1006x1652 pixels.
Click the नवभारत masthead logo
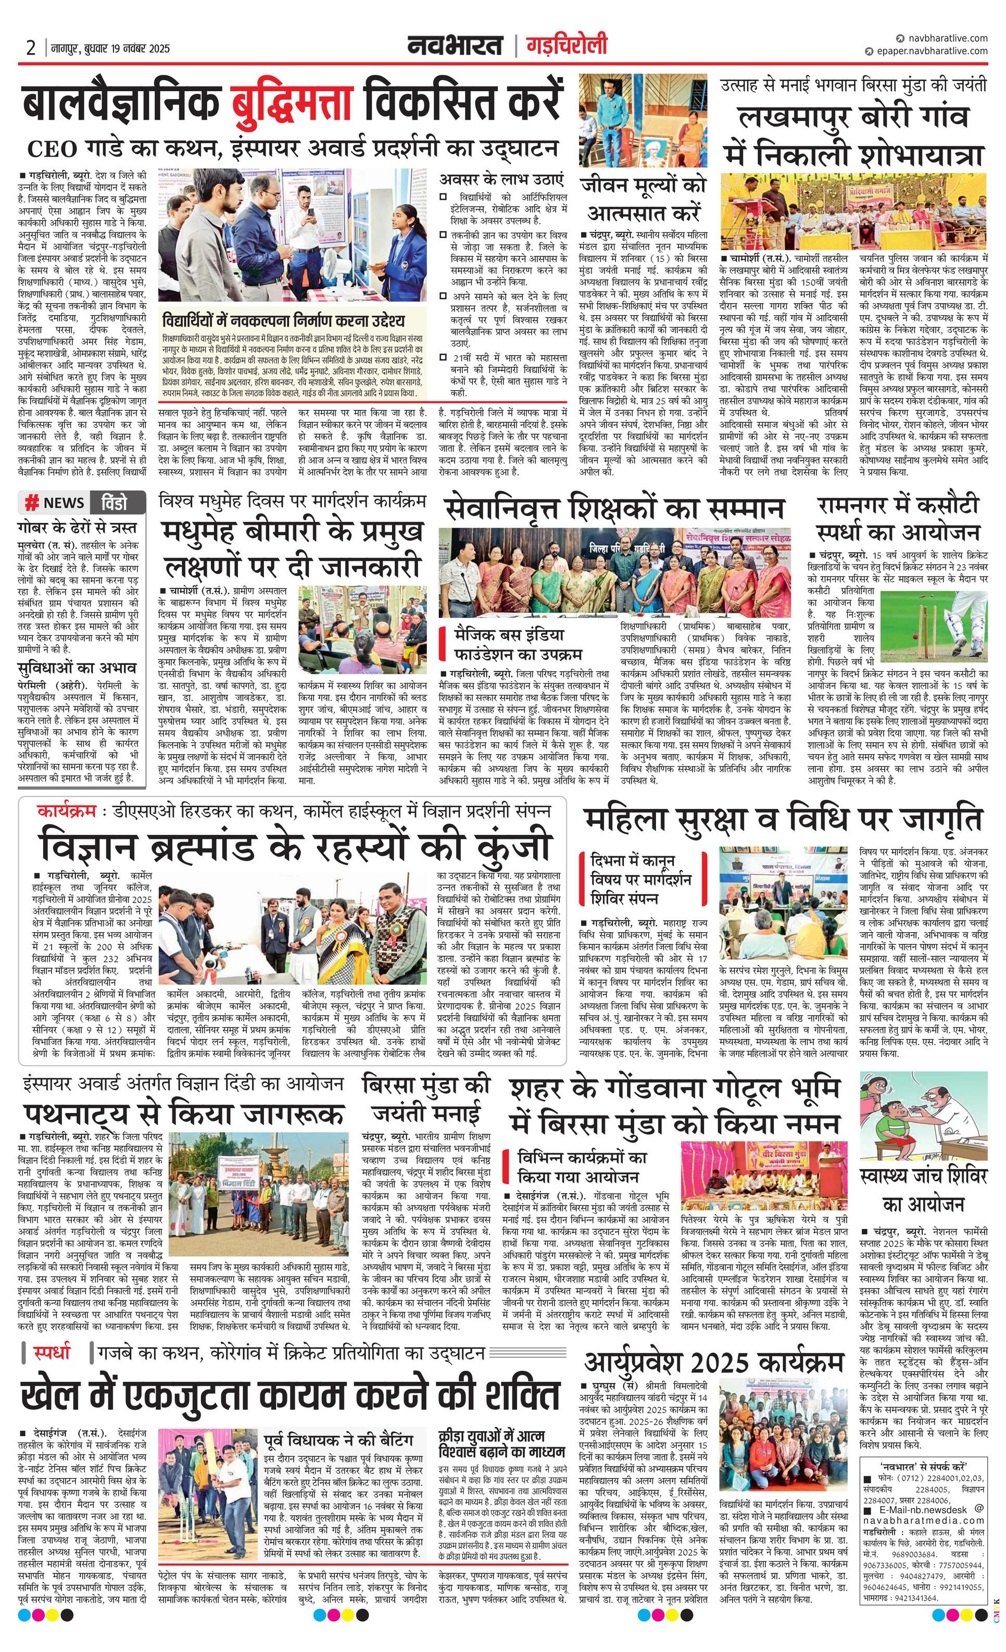tap(456, 46)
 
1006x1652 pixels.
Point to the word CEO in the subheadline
tap(52, 149)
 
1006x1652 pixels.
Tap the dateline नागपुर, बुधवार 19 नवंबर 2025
tap(110, 49)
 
